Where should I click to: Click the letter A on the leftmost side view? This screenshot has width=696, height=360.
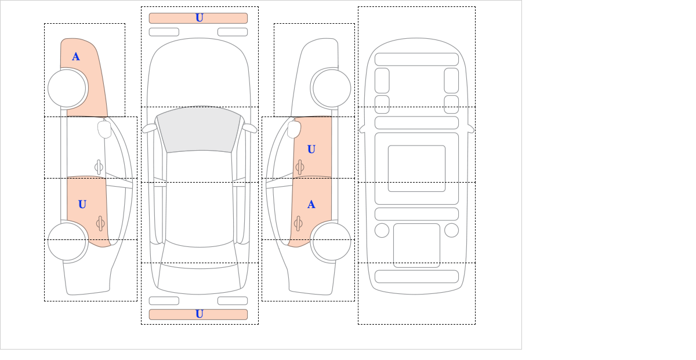pyautogui.click(x=76, y=57)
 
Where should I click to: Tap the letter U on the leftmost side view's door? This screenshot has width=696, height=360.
pyautogui.click(x=82, y=205)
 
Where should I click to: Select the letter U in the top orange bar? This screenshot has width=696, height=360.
pyautogui.click(x=200, y=18)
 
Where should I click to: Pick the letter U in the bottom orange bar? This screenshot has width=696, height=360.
pyautogui.click(x=200, y=314)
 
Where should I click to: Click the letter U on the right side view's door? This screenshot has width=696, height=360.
pyautogui.click(x=311, y=150)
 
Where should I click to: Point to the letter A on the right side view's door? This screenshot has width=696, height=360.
pyautogui.click(x=311, y=205)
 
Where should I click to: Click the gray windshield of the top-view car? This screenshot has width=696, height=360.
pyautogui.click(x=199, y=129)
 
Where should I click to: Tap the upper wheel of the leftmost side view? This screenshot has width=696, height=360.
pyautogui.click(x=67, y=88)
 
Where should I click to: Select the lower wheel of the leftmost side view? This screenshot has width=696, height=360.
pyautogui.click(x=67, y=241)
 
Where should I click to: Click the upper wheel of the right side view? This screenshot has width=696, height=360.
pyautogui.click(x=332, y=88)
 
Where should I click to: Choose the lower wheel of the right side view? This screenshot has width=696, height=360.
pyautogui.click(x=332, y=241)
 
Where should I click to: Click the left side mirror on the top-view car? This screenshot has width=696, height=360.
pyautogui.click(x=149, y=128)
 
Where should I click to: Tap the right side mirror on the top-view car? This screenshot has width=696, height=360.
pyautogui.click(x=249, y=128)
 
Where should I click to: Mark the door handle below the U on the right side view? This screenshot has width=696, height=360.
pyautogui.click(x=299, y=168)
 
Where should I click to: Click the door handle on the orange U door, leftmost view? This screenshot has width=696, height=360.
pyautogui.click(x=100, y=223)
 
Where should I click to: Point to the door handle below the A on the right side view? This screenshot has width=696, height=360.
pyautogui.click(x=298, y=223)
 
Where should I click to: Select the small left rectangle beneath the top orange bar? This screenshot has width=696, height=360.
pyautogui.click(x=164, y=32)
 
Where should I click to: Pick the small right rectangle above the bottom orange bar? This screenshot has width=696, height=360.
pyautogui.click(x=233, y=301)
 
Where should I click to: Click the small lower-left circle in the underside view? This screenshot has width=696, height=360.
pyautogui.click(x=382, y=231)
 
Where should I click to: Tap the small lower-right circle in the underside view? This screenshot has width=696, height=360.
pyautogui.click(x=451, y=231)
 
